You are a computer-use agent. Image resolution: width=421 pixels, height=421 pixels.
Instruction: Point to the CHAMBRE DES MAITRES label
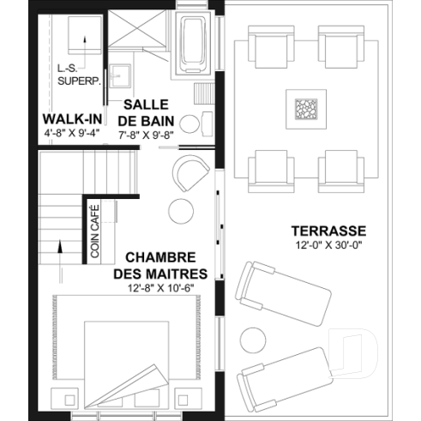(155, 265)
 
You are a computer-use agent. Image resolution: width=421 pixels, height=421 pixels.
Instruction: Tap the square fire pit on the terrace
(306, 111)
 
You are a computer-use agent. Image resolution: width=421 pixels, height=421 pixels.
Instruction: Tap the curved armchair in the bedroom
(190, 174)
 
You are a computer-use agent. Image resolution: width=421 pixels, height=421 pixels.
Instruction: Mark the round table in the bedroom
(181, 210)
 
